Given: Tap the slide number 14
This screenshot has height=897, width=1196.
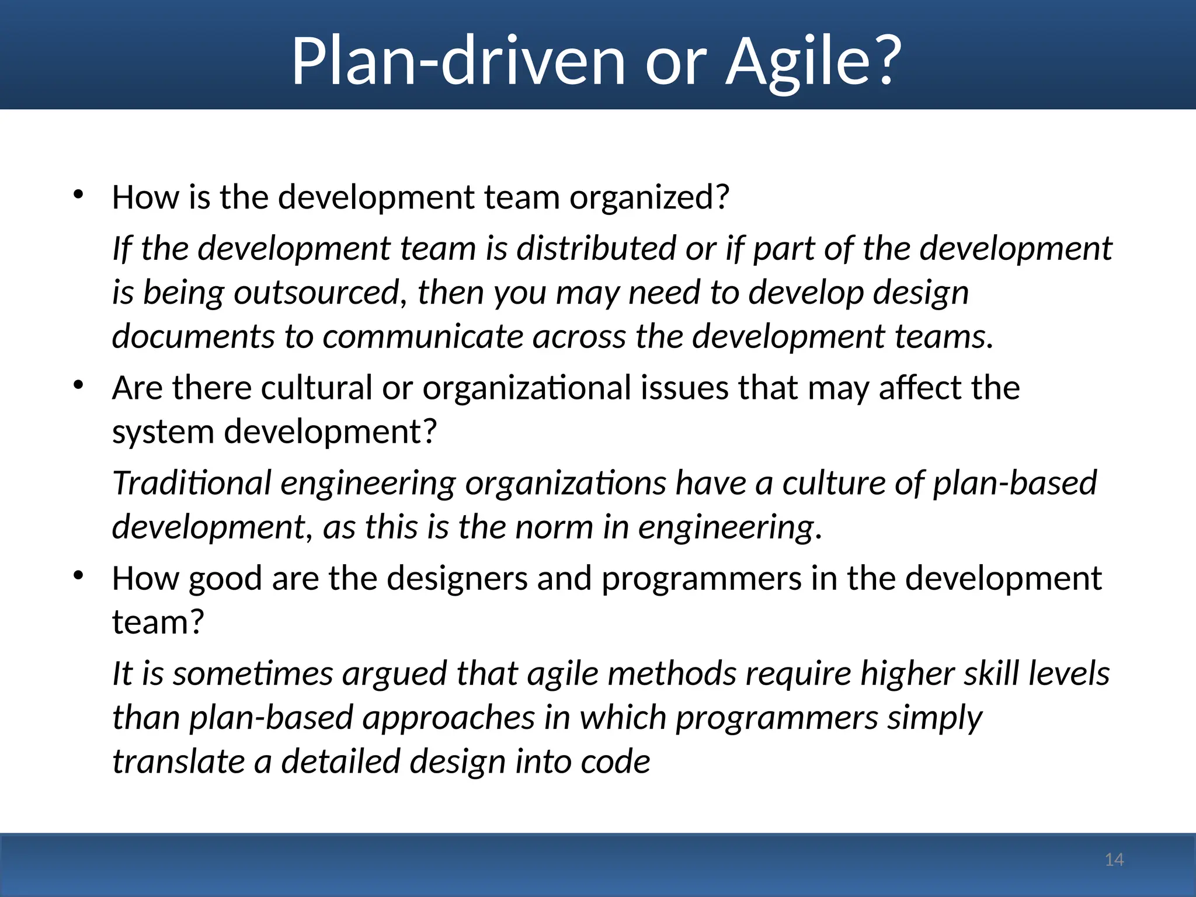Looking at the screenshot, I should tap(1114, 860).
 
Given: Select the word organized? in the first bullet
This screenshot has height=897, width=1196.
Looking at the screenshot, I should tap(649, 197).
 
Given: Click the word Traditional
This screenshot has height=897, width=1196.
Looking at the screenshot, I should tap(192, 483).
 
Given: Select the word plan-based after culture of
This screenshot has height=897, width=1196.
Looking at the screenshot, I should tap(1015, 483).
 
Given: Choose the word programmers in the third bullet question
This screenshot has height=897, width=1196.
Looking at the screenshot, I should tap(701, 578).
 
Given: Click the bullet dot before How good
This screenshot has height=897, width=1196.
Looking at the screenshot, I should tap(79, 576).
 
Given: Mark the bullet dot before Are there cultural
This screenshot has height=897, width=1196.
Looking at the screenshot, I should tap(79, 385).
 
